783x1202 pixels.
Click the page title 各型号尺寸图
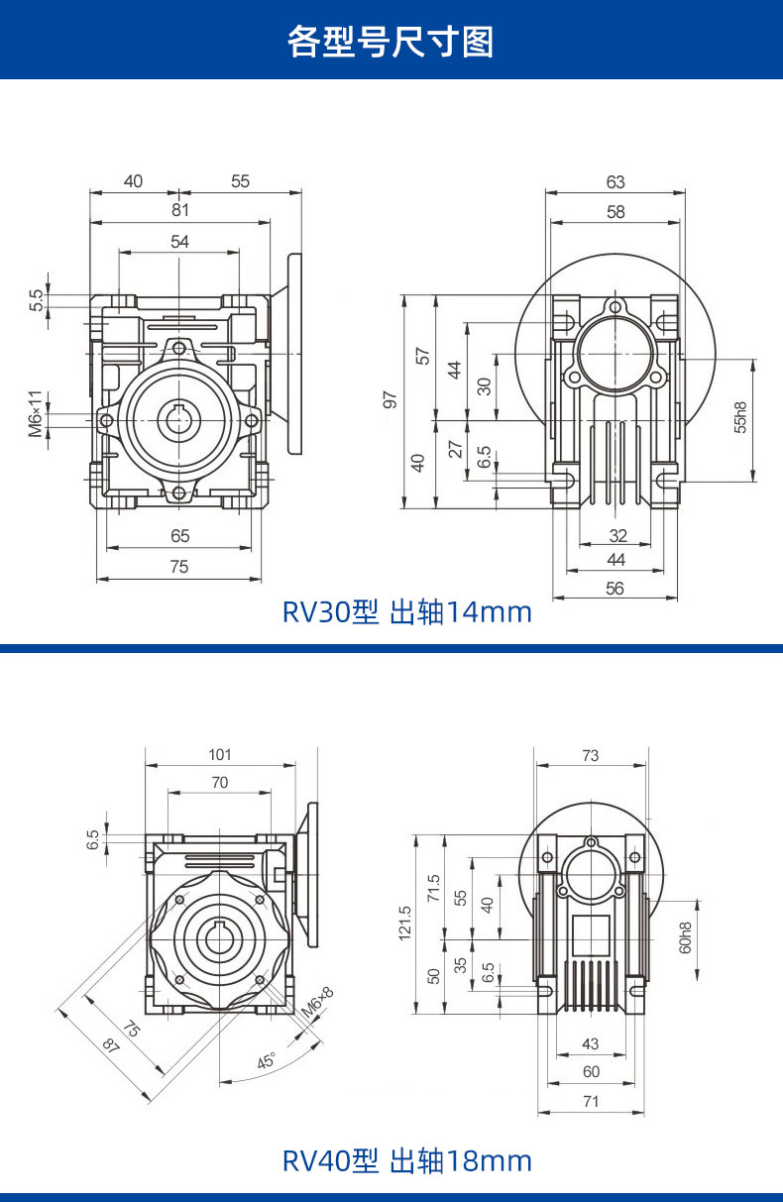[391, 42]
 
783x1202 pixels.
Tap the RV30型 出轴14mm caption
[407, 612]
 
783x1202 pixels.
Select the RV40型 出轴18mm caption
[407, 1160]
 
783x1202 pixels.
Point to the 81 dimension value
[179, 210]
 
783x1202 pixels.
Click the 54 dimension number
[179, 242]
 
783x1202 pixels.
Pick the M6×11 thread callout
[36, 413]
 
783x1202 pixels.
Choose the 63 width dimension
[615, 181]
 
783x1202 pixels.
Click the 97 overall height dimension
[390, 399]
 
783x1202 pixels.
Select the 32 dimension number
[618, 535]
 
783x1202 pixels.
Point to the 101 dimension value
[220, 754]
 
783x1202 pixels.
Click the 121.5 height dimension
[404, 924]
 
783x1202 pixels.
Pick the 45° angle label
[266, 1061]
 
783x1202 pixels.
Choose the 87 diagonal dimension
[110, 1044]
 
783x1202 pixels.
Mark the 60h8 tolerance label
[685, 937]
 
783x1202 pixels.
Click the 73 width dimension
[590, 755]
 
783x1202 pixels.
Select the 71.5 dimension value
[433, 888]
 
